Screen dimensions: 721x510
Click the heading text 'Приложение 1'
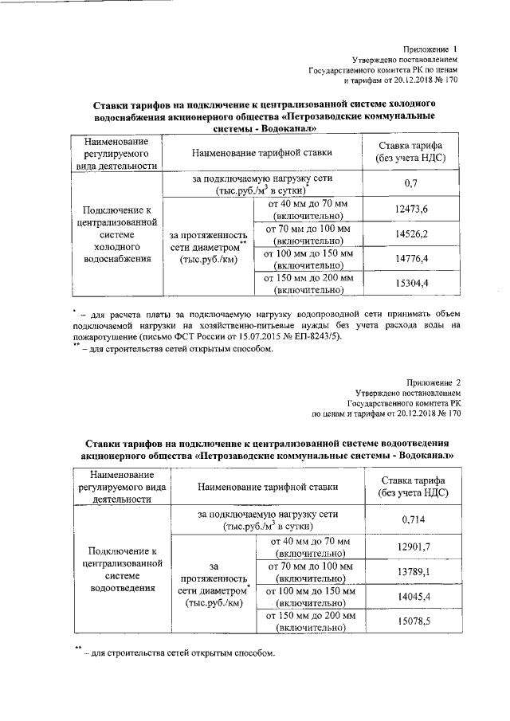(430, 49)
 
